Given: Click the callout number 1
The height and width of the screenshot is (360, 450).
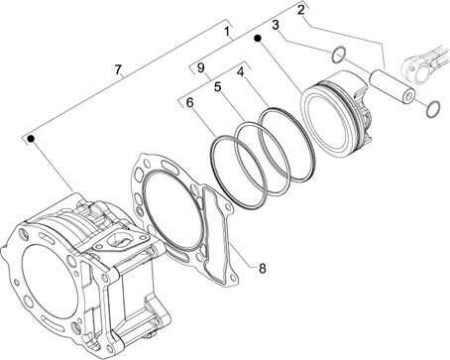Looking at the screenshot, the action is [x=227, y=32].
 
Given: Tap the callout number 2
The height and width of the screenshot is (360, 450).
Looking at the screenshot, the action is [x=300, y=10].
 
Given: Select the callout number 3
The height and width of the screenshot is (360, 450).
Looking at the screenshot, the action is [x=276, y=25].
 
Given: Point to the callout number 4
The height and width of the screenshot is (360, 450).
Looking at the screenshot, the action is [x=241, y=71].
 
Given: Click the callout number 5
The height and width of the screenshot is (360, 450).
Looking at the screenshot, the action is [x=217, y=87].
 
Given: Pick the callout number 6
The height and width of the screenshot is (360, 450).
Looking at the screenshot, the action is [x=189, y=103].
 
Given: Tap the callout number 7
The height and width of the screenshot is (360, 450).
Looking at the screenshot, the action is [x=118, y=69].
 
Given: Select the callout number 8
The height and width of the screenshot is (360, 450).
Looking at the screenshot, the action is [x=263, y=269].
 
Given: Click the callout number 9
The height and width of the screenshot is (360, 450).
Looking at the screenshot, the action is [x=201, y=68].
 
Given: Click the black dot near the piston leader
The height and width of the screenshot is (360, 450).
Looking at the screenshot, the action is [x=258, y=39].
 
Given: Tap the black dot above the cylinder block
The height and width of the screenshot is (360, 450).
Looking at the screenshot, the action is [x=31, y=139].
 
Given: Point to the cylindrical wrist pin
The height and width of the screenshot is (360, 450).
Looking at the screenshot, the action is [x=393, y=84].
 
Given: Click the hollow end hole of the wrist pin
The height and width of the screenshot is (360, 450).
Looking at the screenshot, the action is [x=409, y=96].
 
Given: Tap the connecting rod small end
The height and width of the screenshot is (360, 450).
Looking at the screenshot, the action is [x=412, y=68].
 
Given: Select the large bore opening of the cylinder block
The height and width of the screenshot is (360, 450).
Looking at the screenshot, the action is [x=51, y=279].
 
